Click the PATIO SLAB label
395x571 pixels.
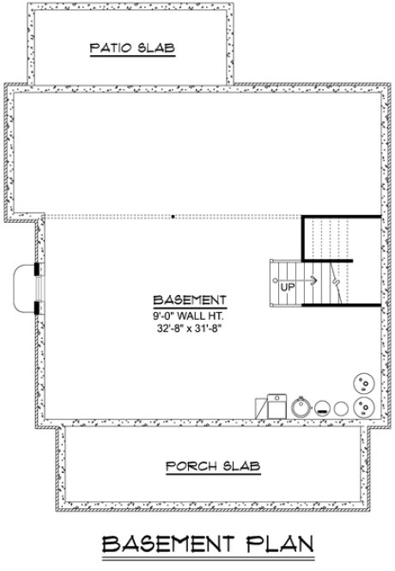pos(132,49)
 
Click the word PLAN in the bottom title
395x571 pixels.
pos(276,545)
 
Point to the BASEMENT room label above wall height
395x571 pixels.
pos(189,300)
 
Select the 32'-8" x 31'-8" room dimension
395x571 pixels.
pos(189,328)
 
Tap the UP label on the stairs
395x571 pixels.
pos(288,288)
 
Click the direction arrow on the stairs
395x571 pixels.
pos(310,279)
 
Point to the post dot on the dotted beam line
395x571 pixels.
pos(173,216)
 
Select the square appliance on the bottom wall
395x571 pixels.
pos(273,404)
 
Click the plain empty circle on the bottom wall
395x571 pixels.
pos(342,408)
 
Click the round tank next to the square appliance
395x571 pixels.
pos(301,406)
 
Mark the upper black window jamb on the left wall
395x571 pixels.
pos(36,268)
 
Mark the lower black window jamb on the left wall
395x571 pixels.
pos(36,307)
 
